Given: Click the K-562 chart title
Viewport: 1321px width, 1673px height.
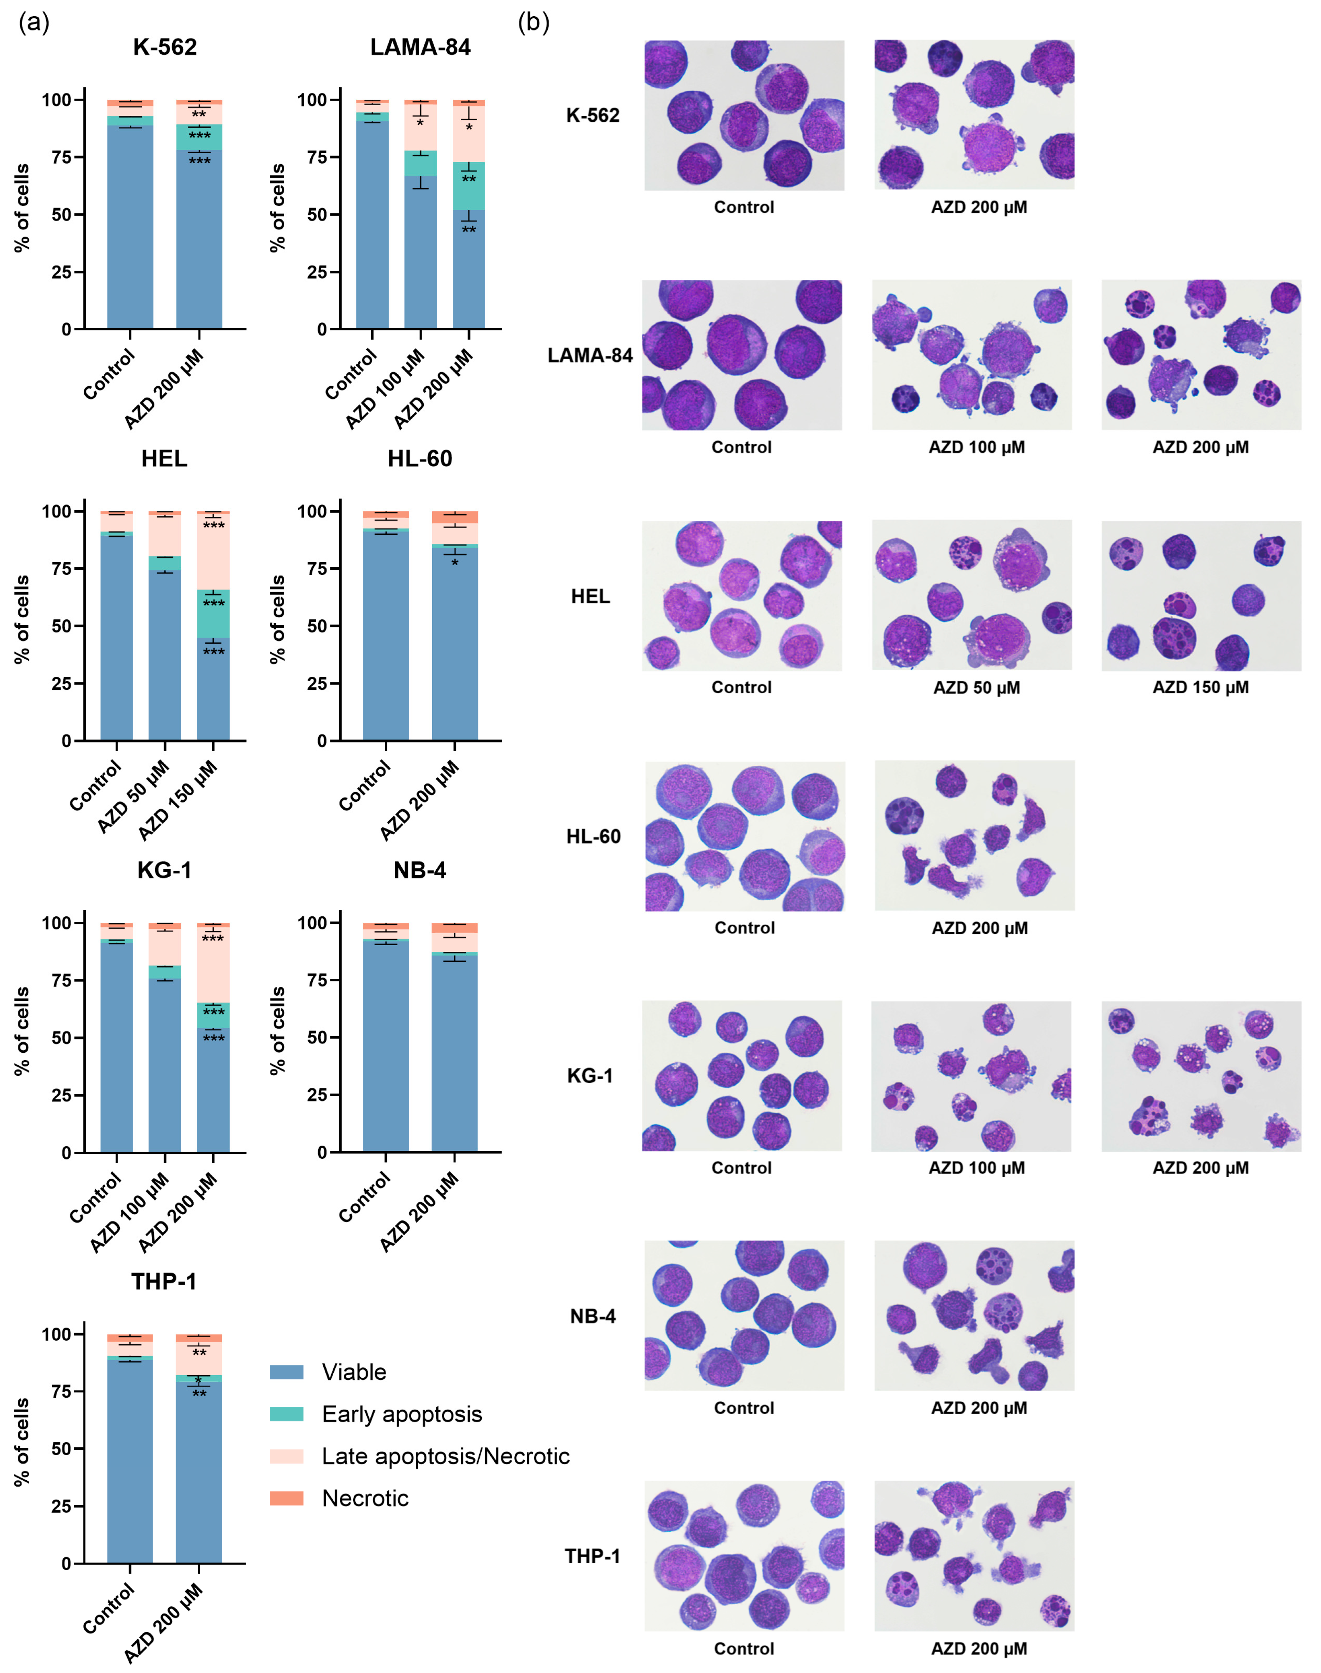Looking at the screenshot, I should [x=165, y=47].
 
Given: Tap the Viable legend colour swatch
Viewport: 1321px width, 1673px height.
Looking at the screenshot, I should [x=286, y=1372].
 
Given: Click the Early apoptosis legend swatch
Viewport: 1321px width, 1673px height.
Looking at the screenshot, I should [x=286, y=1414].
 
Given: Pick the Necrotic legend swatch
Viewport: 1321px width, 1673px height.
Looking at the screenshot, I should [x=286, y=1498].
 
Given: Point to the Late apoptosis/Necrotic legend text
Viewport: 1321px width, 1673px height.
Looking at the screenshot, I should [x=445, y=1457].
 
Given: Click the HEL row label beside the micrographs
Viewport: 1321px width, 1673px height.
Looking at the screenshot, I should [x=590, y=596].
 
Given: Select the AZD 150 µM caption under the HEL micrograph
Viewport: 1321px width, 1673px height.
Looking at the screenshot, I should [x=1200, y=688].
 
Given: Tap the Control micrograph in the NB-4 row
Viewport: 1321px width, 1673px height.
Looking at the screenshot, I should [x=744, y=1316].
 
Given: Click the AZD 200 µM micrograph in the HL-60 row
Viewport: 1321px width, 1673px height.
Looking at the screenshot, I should [x=974, y=835].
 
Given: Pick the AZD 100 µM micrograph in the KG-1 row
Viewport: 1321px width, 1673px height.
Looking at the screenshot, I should [x=971, y=1076].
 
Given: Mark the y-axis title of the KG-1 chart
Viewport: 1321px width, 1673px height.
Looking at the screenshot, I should [x=22, y=1031].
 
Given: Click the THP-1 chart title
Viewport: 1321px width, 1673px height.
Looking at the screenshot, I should [x=164, y=1282].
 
